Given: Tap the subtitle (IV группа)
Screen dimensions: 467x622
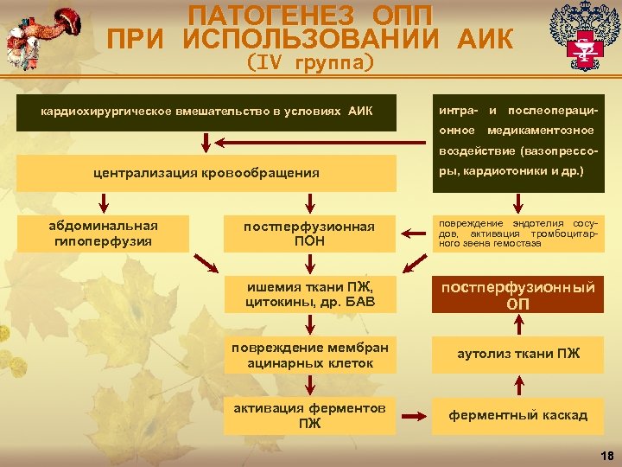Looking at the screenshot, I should (x=310, y=62).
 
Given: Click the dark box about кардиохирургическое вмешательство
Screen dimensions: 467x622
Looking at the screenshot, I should (x=206, y=112).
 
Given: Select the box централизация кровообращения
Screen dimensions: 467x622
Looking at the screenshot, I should (x=206, y=173).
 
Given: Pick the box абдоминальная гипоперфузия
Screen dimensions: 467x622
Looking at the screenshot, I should (x=103, y=233).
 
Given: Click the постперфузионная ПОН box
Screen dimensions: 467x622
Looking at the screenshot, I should (x=309, y=233).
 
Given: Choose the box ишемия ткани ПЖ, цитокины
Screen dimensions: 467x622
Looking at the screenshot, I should (x=309, y=295).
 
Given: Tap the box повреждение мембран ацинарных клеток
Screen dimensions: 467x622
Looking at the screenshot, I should (x=309, y=355).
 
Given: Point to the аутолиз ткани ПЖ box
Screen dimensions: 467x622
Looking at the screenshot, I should (x=518, y=354).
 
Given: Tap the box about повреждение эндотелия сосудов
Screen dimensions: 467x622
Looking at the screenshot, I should (x=518, y=233).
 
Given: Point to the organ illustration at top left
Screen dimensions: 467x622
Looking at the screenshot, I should (x=39, y=35).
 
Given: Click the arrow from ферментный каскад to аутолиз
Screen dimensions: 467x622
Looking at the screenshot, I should (x=518, y=386).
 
